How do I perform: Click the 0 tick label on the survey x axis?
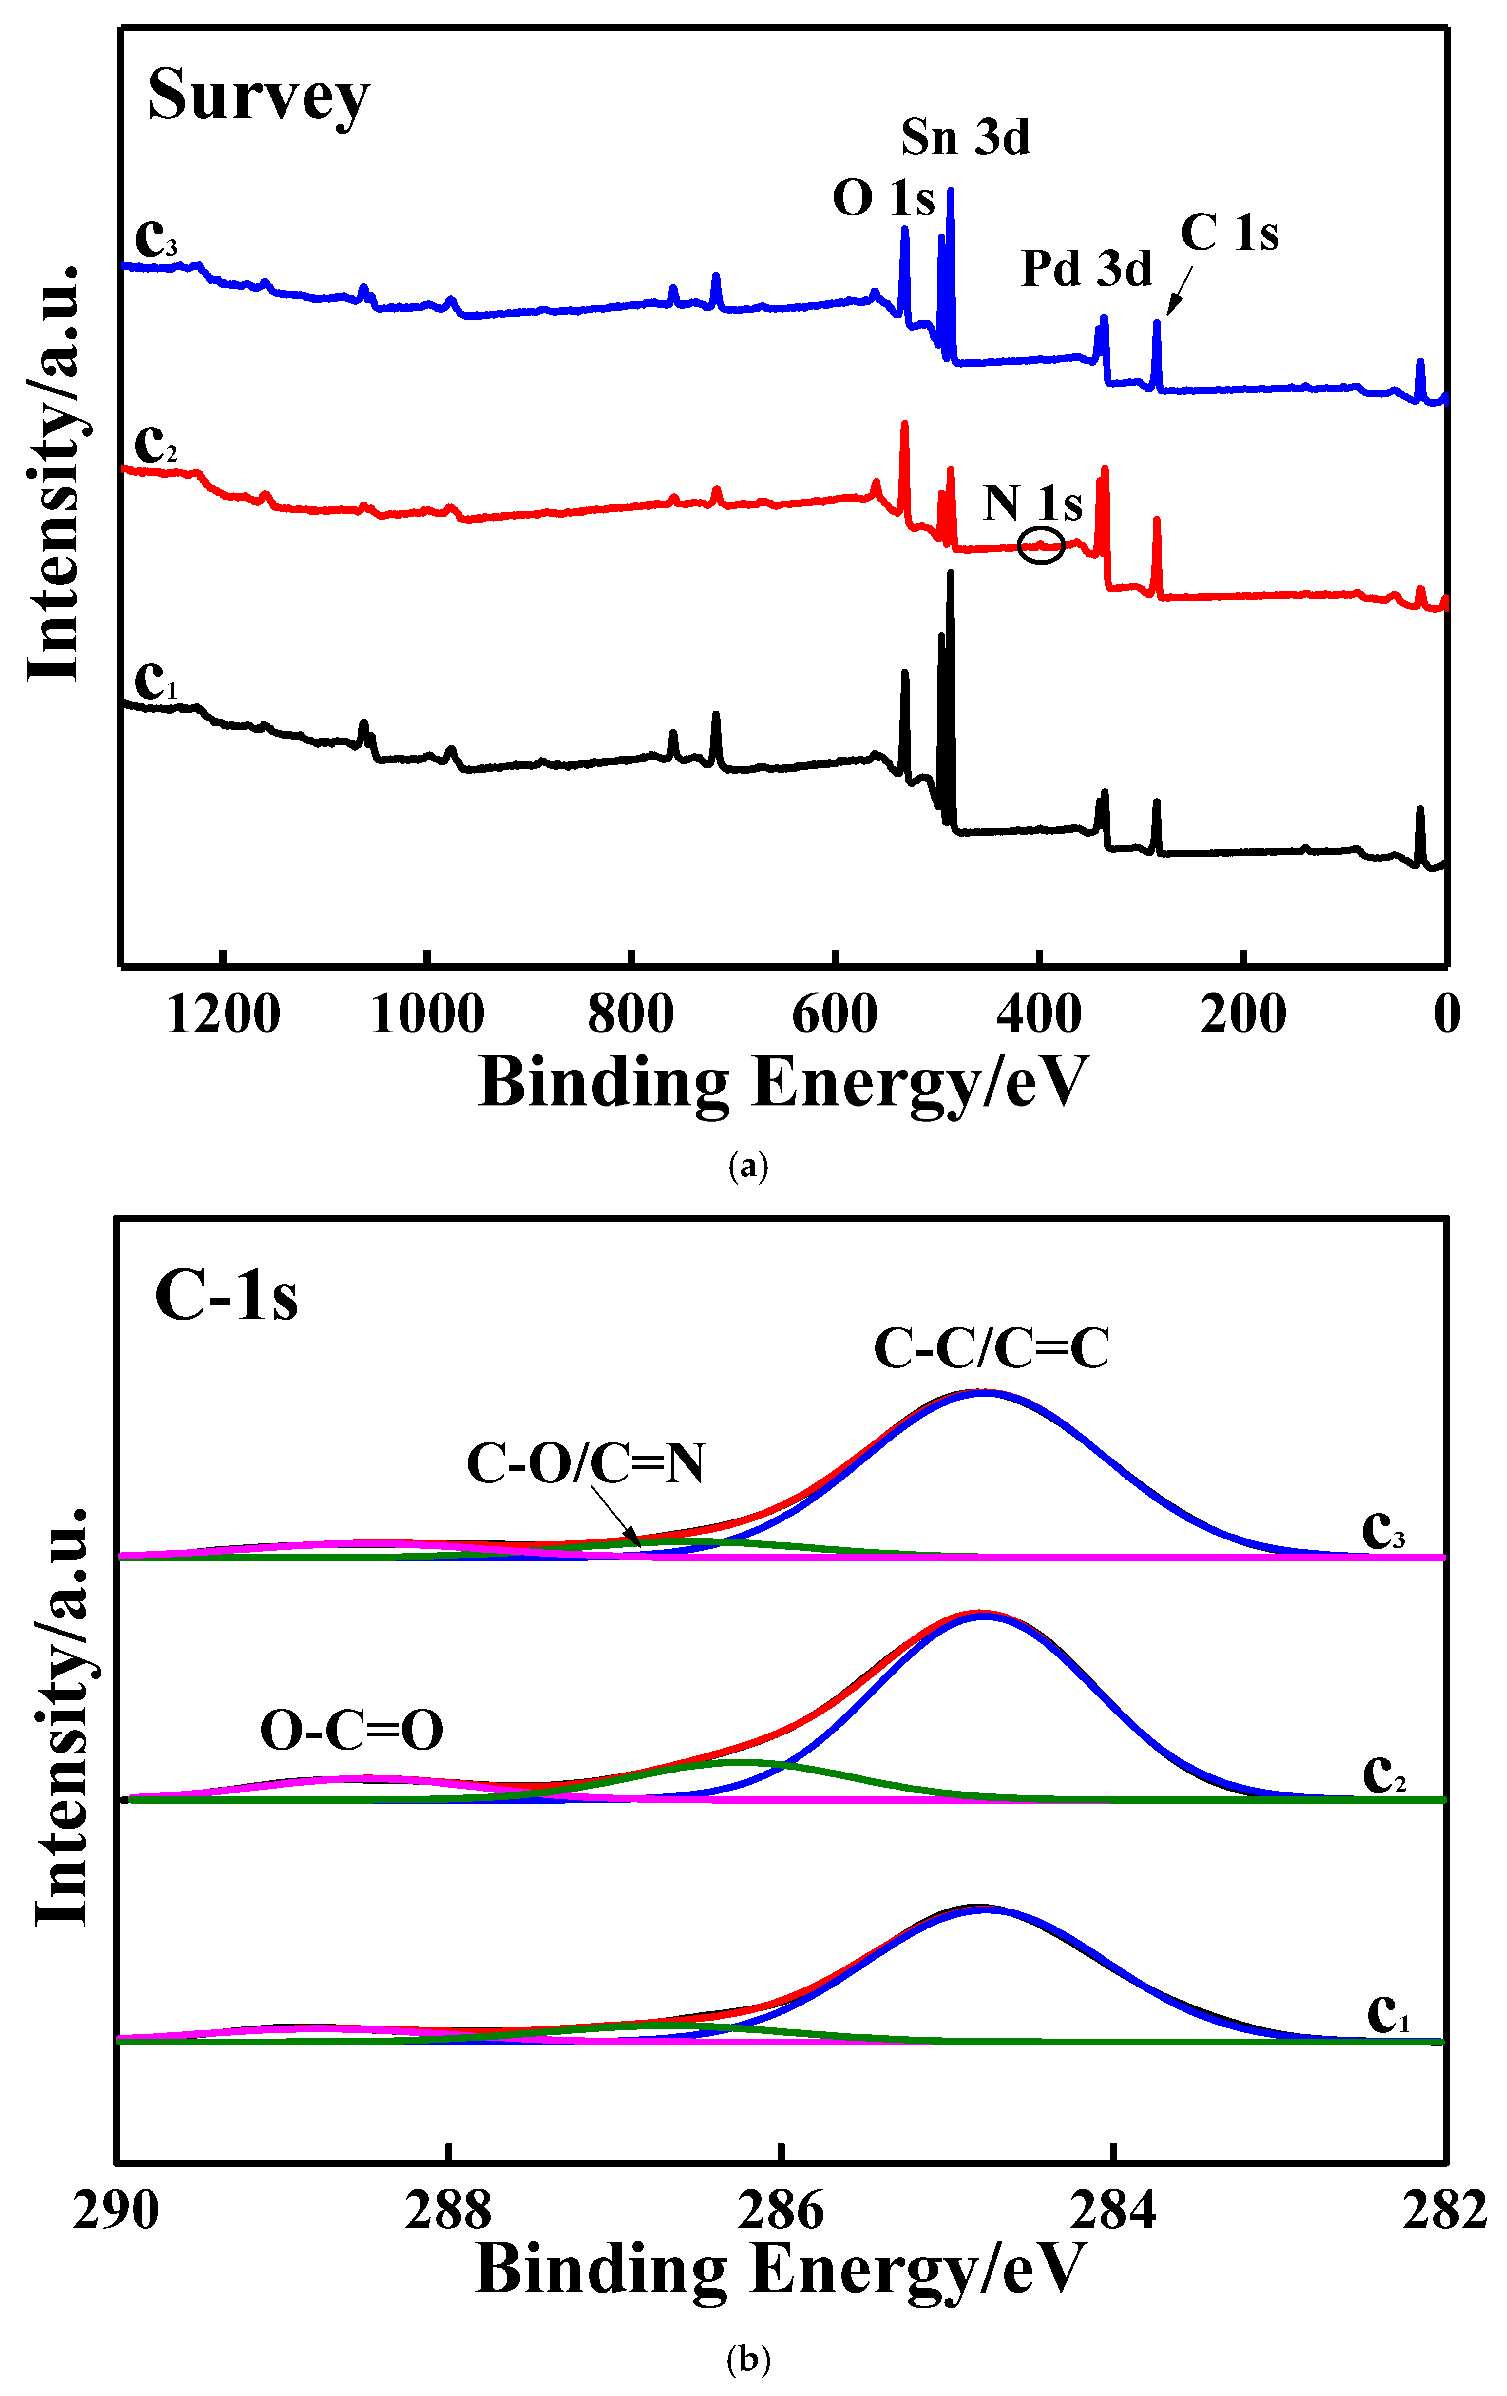click(x=1446, y=1015)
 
